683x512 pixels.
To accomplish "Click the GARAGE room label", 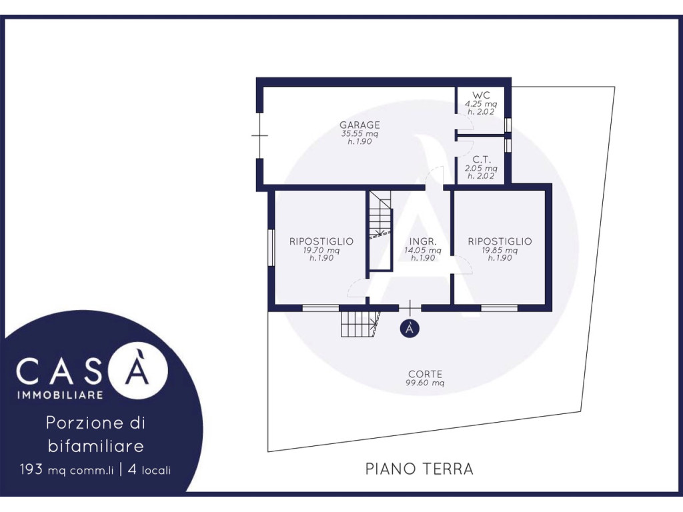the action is point(360,125).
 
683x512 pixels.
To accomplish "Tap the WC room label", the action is point(481,95).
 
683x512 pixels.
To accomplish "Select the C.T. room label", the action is point(482,160).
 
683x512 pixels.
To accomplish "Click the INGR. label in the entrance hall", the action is point(422,241).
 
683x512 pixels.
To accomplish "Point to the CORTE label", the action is point(425,374).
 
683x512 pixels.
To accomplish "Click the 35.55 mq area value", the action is point(360,133).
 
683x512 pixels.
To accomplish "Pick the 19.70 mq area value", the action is point(321,251).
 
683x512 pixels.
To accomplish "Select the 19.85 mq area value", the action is point(500,251).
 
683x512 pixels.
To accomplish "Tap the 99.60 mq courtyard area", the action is point(425,383).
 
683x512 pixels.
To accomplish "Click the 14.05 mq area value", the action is point(422,251).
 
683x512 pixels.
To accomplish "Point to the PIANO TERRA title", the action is point(419,469).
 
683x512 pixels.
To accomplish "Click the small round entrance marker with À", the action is point(410,328).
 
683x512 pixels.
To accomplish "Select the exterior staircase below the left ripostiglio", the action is point(360,324).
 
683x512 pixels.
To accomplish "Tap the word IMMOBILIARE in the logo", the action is point(60,395).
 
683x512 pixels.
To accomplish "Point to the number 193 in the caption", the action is point(31,469).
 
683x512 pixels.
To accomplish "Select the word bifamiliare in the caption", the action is point(96,446).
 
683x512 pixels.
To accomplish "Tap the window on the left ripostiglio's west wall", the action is point(271,247).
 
